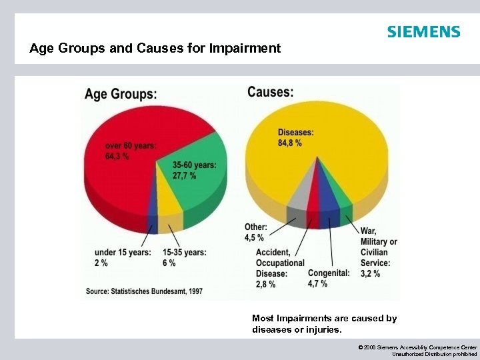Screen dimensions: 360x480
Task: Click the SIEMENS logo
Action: [x=423, y=32]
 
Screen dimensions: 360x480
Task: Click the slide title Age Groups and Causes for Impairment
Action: [x=155, y=49]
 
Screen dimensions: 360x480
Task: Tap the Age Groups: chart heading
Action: [x=121, y=94]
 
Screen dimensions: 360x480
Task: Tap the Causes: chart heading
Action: [x=270, y=92]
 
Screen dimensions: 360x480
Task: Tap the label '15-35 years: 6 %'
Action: [x=184, y=257]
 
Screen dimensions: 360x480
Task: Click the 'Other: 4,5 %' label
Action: [x=255, y=232]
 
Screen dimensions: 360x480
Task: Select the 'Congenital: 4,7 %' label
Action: [x=328, y=278]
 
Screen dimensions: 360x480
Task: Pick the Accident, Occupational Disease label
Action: [x=280, y=268]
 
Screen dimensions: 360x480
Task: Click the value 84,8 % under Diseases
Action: [x=290, y=143]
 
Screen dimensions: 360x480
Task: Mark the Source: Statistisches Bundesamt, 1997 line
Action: [x=144, y=291]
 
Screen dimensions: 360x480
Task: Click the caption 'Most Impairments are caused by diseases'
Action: [x=324, y=323]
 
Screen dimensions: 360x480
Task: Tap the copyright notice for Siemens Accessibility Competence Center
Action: [x=417, y=351]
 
